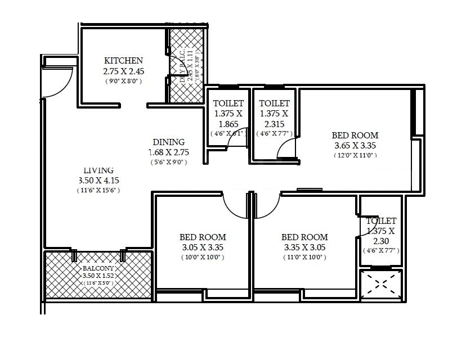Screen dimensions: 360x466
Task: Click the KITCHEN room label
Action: tap(123, 61)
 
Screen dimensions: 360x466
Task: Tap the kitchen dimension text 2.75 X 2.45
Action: tap(123, 71)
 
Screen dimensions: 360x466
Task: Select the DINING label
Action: tap(169, 142)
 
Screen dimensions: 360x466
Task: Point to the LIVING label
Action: tap(98, 170)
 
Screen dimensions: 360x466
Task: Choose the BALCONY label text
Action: tap(98, 268)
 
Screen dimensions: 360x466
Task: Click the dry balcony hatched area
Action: tap(187, 65)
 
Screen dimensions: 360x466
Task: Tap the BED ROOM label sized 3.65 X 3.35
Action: tap(355, 136)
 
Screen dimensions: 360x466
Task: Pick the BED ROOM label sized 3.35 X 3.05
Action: tap(304, 237)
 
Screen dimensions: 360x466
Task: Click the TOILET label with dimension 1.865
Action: tap(228, 103)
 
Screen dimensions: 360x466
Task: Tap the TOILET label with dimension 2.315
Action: tap(274, 103)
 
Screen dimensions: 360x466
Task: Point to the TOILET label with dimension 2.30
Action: tap(381, 221)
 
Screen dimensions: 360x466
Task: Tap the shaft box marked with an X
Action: tap(381, 285)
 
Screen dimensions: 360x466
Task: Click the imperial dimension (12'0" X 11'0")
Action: tap(355, 155)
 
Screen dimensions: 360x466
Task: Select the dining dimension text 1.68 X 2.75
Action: tap(169, 152)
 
